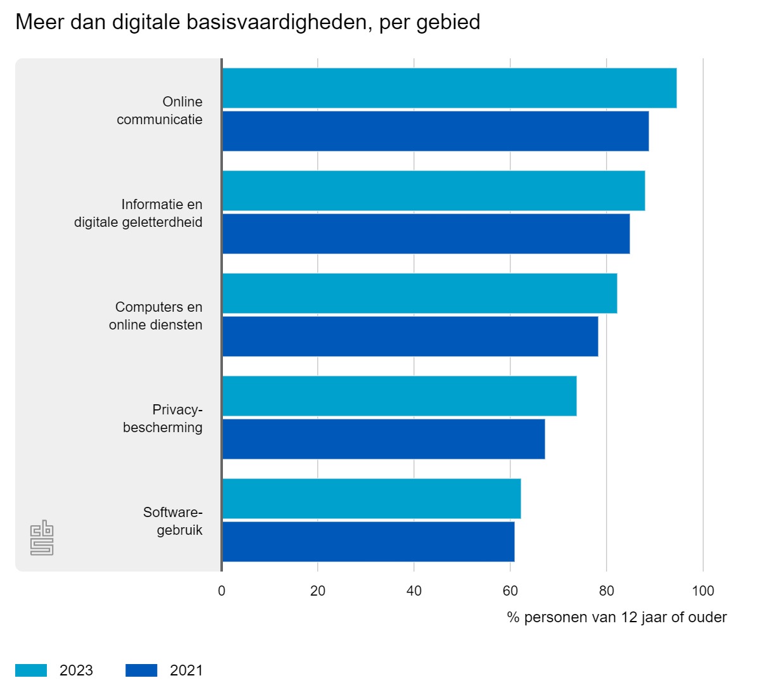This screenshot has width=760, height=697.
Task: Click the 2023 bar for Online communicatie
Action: pyautogui.click(x=450, y=88)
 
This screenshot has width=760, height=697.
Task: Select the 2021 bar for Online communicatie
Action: pyautogui.click(x=436, y=131)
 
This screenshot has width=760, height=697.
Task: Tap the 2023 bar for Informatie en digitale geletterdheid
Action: pyautogui.click(x=434, y=191)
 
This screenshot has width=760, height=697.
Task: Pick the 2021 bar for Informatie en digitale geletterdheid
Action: pyautogui.click(x=426, y=234)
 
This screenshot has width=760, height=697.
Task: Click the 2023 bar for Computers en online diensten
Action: pyautogui.click(x=420, y=293)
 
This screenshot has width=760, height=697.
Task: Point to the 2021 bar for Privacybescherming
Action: pyautogui.click(x=384, y=439)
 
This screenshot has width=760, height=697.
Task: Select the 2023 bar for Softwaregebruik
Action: pyautogui.click(x=372, y=499)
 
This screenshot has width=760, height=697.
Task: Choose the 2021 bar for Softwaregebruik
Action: pyautogui.click(x=369, y=542)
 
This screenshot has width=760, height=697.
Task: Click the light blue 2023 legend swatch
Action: pyautogui.click(x=31, y=670)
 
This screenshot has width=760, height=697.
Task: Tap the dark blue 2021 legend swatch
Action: pyautogui.click(x=141, y=670)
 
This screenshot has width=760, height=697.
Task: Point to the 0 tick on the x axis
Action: pyautogui.click(x=222, y=591)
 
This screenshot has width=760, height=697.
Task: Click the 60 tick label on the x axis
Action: pyautogui.click(x=510, y=591)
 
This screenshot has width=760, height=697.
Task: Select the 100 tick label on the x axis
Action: pyautogui.click(x=703, y=591)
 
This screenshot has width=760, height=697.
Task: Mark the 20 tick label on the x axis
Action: pyautogui.click(x=318, y=591)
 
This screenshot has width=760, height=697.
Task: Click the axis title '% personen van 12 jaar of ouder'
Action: pyautogui.click(x=617, y=618)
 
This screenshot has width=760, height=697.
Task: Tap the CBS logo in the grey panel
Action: pyautogui.click(x=42, y=538)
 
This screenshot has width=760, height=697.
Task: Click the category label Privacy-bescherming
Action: pyautogui.click(x=163, y=419)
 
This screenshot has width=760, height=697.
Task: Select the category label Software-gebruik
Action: pyautogui.click(x=173, y=521)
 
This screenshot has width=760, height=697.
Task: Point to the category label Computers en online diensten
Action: pyautogui.click(x=156, y=316)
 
